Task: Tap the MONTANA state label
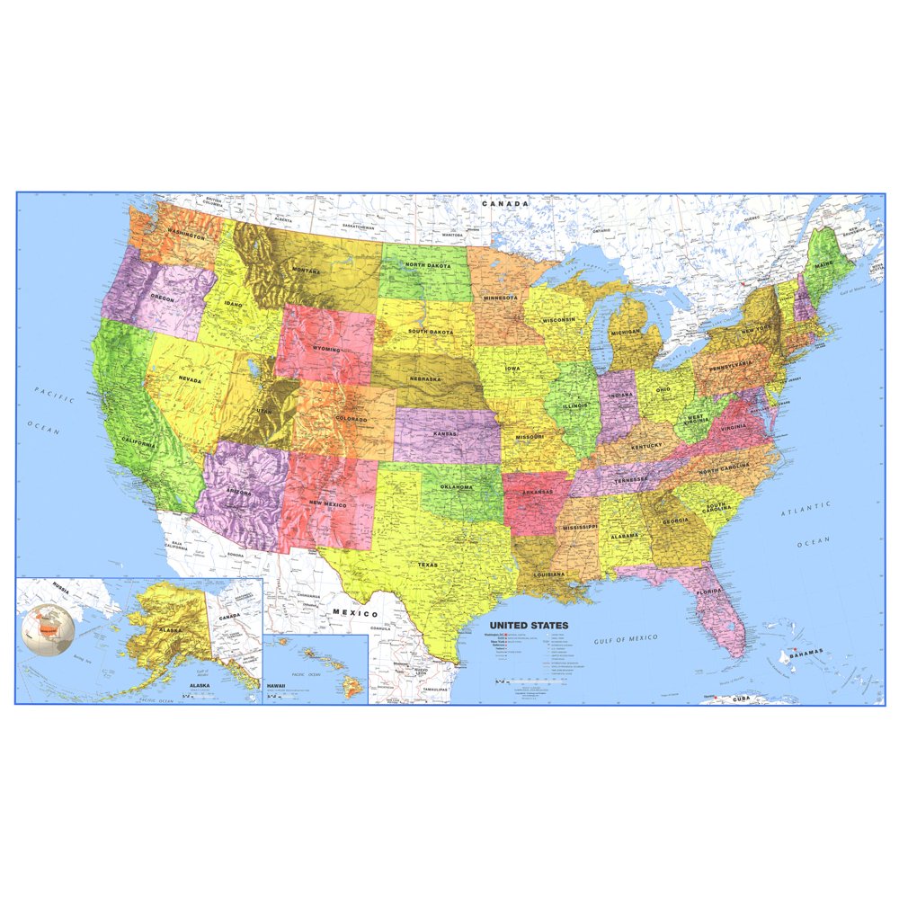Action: click(x=307, y=269)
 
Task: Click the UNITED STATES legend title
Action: click(x=529, y=625)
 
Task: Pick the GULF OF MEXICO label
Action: click(x=626, y=639)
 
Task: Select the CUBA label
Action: click(x=740, y=699)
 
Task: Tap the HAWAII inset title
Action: click(x=276, y=686)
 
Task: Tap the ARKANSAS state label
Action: click(x=534, y=493)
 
